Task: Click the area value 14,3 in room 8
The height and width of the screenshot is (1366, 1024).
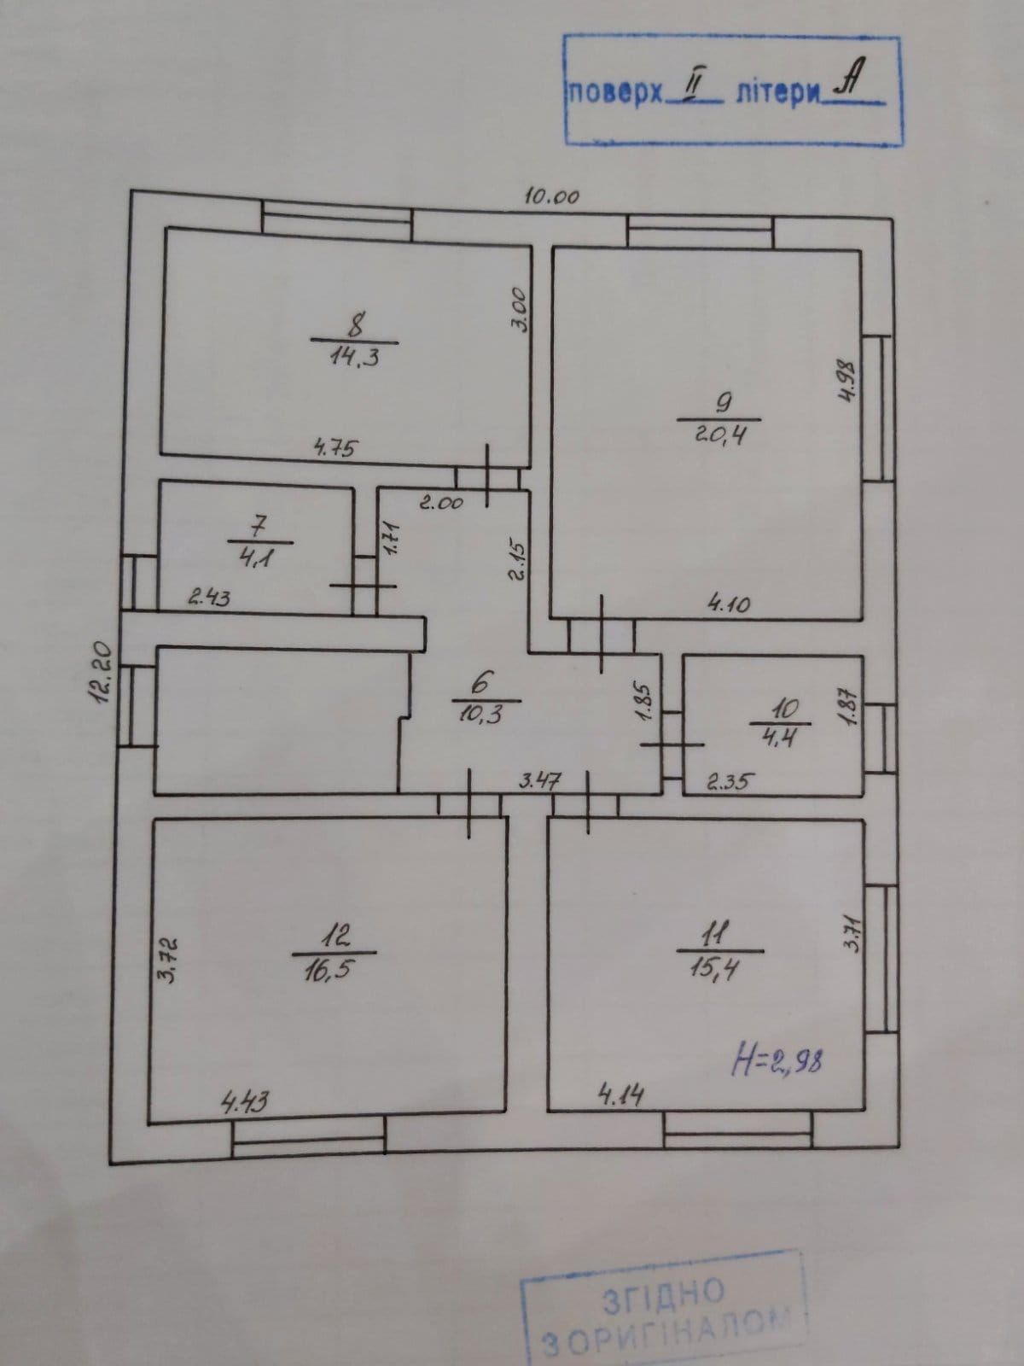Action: coord(354,358)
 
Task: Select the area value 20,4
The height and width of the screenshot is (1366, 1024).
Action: coord(720,434)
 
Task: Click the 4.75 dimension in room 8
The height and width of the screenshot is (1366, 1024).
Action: coord(336,447)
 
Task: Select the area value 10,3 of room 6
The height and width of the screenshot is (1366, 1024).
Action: coord(480,713)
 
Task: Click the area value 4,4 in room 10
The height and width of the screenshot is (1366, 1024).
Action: coord(777,738)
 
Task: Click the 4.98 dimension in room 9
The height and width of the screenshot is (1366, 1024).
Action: coord(848,382)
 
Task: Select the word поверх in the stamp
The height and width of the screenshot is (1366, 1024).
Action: coord(615,95)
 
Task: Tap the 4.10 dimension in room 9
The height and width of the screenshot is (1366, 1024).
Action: coord(729,603)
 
